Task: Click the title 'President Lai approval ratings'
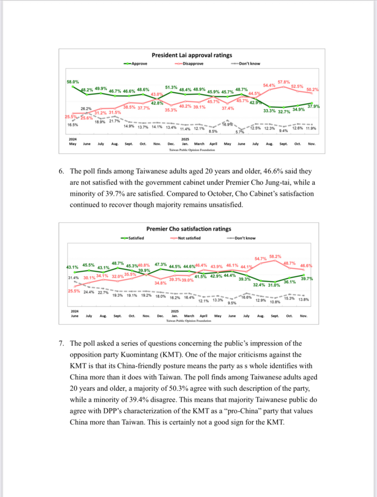tap(192, 55)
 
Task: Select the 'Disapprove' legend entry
tap(191, 64)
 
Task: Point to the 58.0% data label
tap(73, 82)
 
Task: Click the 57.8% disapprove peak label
tap(284, 82)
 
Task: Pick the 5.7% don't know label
tap(240, 132)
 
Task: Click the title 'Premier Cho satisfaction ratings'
tap(189, 229)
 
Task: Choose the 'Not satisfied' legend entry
tap(189, 238)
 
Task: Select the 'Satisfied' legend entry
tap(137, 238)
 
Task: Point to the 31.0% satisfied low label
tap(274, 285)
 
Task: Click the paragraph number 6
tap(61, 171)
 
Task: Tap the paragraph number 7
tap(61, 344)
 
